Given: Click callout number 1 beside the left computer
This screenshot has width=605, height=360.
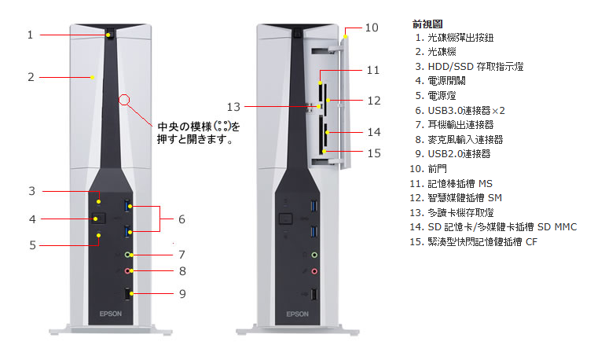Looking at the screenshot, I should (x=30, y=35).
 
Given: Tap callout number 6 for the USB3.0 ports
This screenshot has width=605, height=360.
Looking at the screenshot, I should (x=181, y=219).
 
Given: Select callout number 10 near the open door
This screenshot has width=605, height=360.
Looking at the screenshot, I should (x=372, y=28).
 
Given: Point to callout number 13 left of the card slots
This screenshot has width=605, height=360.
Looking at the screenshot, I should (x=233, y=106).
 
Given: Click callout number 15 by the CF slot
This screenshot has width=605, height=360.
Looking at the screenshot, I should (x=373, y=152).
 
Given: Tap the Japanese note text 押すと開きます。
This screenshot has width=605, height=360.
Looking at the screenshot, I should (x=195, y=141).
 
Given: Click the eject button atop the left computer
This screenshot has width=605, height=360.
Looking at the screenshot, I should (x=109, y=35).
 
